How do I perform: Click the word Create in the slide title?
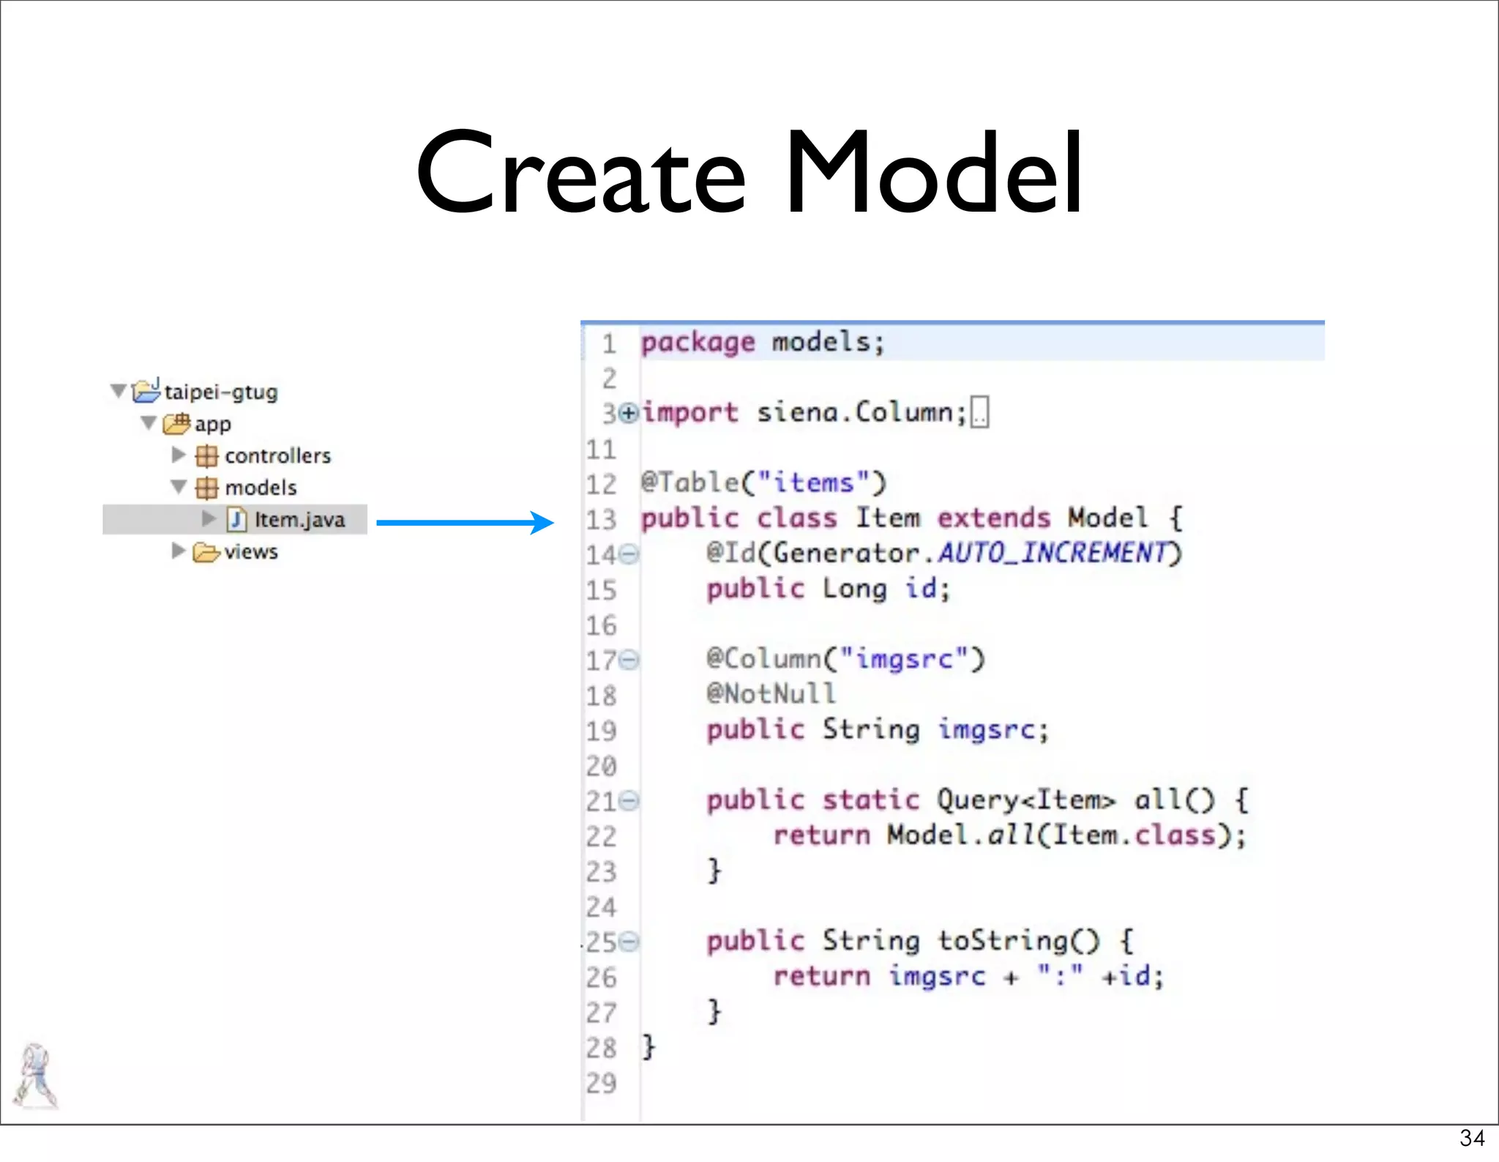pyautogui.click(x=580, y=174)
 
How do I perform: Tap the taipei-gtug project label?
pyautogui.click(x=221, y=392)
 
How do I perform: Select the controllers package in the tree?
pyautogui.click(x=277, y=456)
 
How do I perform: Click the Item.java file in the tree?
pyautogui.click(x=299, y=520)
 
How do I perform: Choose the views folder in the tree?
pyautogui.click(x=250, y=552)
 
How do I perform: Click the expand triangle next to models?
pyautogui.click(x=179, y=487)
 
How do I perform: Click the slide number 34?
pyautogui.click(x=1471, y=1138)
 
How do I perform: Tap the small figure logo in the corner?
pyautogui.click(x=35, y=1076)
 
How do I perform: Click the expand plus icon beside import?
pyautogui.click(x=628, y=414)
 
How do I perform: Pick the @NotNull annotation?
pyautogui.click(x=770, y=694)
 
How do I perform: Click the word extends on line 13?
pyautogui.click(x=993, y=518)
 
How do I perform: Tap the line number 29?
pyautogui.click(x=601, y=1084)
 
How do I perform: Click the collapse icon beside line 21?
pyautogui.click(x=629, y=801)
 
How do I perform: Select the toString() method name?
pyautogui.click(x=1018, y=941)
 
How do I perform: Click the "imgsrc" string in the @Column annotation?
pyautogui.click(x=904, y=659)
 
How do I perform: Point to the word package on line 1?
pyautogui.click(x=698, y=343)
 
